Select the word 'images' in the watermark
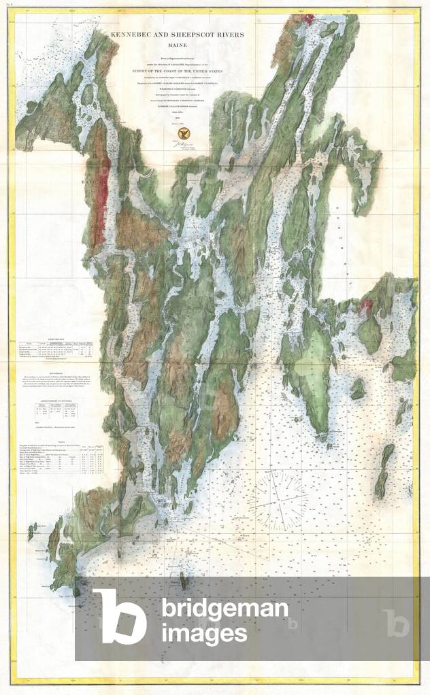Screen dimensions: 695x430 click(204, 634)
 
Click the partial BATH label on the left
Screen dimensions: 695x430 click(91, 182)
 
